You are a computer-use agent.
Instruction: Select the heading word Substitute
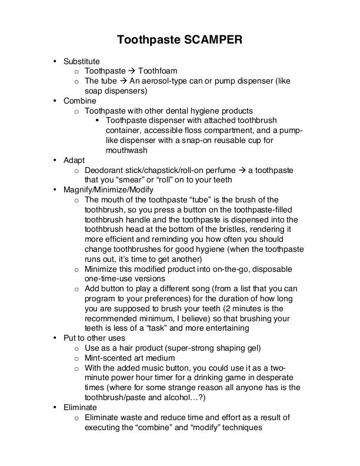click(82, 61)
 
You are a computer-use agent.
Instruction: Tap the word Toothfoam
click(158, 71)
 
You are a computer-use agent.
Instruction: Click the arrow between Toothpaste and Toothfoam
click(131, 71)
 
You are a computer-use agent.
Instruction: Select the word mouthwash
click(126, 151)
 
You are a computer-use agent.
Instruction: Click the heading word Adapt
click(74, 160)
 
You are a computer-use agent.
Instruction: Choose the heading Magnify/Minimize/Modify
click(108, 190)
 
